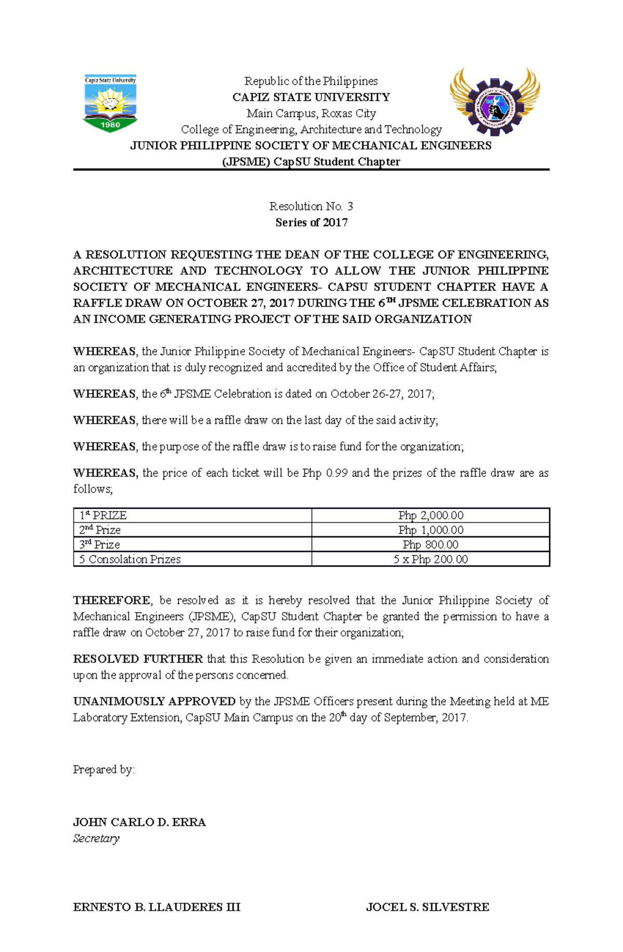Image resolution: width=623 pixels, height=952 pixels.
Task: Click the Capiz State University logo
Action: click(x=110, y=103)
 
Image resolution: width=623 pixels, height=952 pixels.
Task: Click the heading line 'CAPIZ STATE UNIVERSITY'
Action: click(x=311, y=97)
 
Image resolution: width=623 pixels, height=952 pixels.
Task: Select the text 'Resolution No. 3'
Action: click(x=311, y=206)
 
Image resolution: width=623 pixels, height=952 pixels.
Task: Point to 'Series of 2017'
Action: click(x=311, y=223)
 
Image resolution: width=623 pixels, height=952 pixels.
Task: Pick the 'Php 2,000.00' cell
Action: click(x=430, y=515)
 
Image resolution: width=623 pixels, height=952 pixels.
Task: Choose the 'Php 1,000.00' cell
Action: click(x=430, y=530)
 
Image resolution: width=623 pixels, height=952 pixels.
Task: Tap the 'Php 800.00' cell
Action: click(x=430, y=544)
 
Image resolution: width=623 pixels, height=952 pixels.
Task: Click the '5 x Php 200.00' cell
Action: click(x=430, y=559)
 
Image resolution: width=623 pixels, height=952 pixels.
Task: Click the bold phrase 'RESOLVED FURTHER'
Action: click(x=138, y=659)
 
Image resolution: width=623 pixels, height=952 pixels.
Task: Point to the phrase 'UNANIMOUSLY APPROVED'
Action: click(x=154, y=701)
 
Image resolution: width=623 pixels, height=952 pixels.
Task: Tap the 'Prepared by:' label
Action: click(x=104, y=769)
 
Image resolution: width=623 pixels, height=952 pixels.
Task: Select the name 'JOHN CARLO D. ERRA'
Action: click(x=139, y=822)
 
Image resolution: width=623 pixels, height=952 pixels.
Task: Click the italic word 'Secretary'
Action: click(x=96, y=838)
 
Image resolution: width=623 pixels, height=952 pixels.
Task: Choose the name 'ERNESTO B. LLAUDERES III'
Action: click(x=156, y=907)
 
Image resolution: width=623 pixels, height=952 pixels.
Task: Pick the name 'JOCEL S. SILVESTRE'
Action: click(x=427, y=907)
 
